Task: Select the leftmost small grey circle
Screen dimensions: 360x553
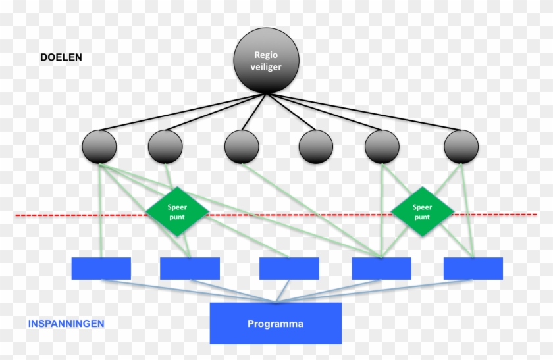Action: click(99, 147)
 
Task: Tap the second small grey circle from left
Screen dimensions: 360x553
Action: click(165, 147)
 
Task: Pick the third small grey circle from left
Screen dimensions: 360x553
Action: click(241, 147)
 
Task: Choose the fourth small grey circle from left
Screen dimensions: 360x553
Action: click(316, 147)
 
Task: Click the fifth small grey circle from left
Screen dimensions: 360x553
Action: click(382, 147)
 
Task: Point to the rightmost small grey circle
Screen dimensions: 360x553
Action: click(460, 147)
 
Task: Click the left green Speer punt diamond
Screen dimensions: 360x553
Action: click(177, 211)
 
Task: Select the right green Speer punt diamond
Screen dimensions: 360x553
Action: click(422, 211)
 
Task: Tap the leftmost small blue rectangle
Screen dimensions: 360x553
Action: click(101, 268)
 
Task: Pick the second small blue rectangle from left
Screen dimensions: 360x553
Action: click(190, 268)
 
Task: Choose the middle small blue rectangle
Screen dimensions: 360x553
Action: click(289, 268)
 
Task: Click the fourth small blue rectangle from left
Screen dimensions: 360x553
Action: click(381, 268)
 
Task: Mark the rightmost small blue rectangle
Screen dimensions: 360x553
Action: click(473, 268)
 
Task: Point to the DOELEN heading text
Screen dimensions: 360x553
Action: click(61, 57)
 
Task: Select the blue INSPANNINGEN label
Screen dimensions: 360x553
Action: click(66, 324)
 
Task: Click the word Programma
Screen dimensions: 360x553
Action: click(275, 324)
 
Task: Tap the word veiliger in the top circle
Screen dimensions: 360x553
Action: click(266, 68)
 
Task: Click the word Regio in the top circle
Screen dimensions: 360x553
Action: click(266, 57)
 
